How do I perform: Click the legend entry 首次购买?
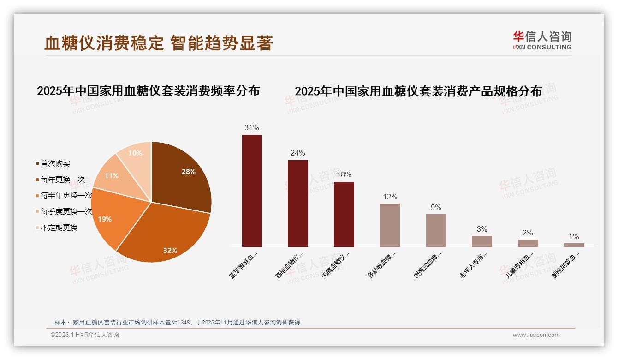55,163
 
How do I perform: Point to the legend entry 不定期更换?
59,228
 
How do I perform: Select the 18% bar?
344,214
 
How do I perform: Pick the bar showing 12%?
390,225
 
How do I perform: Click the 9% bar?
436,230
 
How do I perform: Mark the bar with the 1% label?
574,245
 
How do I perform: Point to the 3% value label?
482,229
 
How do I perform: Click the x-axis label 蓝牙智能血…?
244,264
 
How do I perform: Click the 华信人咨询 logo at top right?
542,40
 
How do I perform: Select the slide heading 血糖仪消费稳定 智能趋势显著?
159,43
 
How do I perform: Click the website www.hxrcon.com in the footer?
536,335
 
